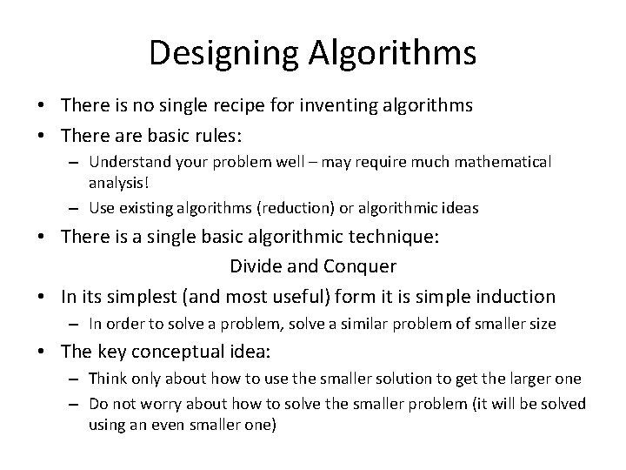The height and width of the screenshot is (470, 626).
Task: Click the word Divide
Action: (253, 266)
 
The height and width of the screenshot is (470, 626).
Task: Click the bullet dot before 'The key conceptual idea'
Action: (48, 352)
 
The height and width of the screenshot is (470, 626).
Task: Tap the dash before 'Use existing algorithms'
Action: (76, 208)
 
